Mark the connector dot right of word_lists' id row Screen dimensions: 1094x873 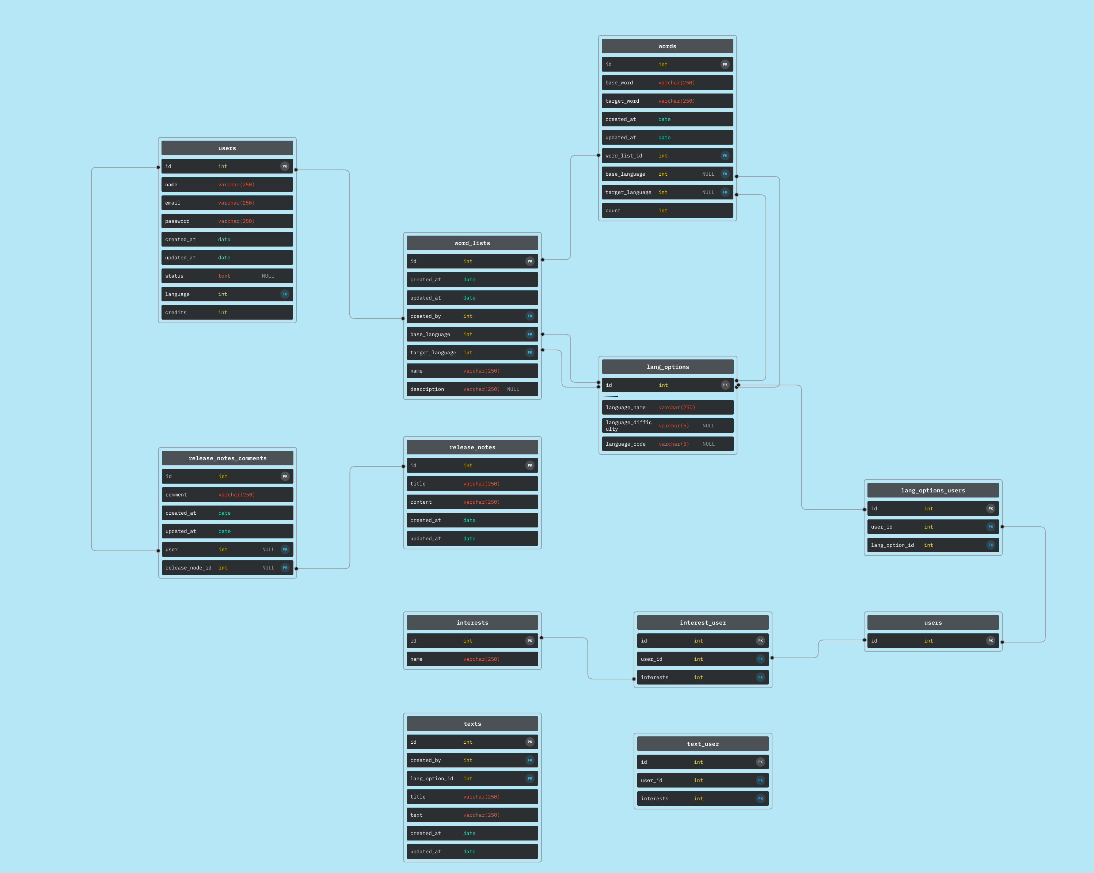tap(543, 260)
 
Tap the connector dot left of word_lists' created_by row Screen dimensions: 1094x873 tap(403, 319)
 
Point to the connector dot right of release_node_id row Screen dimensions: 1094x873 tap(296, 569)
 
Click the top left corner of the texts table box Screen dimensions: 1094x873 tap(403, 713)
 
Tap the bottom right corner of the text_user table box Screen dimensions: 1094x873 tap(772, 809)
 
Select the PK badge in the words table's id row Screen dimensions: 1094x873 tap(725, 64)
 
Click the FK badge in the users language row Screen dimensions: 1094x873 tap(285, 294)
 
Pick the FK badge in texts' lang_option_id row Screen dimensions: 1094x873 tap(530, 778)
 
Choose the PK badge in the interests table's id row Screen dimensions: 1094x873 tap(530, 641)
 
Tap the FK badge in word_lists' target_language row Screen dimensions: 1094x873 tap(530, 352)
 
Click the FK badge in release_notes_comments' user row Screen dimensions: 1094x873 tap(285, 549)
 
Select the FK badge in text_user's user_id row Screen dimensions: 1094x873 tap(760, 780)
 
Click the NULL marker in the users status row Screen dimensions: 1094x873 tap(268, 276)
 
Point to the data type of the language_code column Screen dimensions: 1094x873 tap(674, 444)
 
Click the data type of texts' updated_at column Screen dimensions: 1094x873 tap(470, 852)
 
